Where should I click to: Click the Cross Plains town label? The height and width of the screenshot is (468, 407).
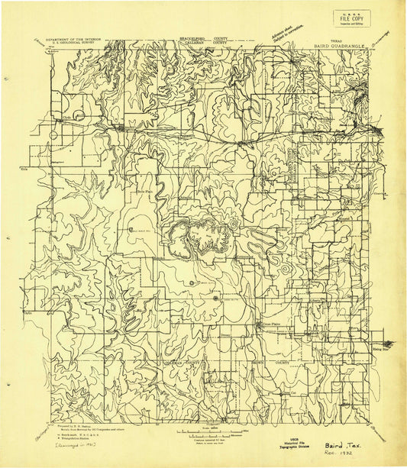[273, 324]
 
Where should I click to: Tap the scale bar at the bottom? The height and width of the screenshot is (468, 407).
[206, 433]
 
